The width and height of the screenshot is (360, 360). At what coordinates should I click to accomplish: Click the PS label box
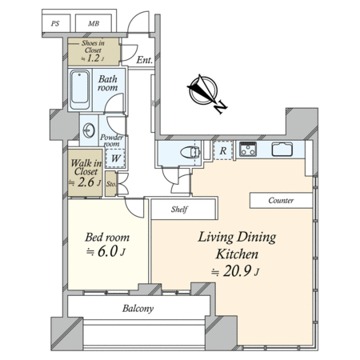point(56,23)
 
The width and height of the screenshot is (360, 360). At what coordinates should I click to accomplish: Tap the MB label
point(94,23)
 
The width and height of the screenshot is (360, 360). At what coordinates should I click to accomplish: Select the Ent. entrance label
point(144,60)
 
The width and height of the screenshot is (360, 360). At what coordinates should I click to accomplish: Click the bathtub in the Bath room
point(80,90)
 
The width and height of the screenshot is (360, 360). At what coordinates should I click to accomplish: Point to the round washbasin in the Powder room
point(89,130)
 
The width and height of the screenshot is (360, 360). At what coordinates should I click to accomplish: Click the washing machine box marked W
point(115,158)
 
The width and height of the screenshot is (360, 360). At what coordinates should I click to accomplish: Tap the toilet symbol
point(190,152)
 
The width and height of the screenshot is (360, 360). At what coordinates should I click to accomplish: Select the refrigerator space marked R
point(223,150)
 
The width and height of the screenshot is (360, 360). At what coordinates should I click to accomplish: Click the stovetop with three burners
point(248,149)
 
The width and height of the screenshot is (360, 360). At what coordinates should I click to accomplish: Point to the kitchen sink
point(282,149)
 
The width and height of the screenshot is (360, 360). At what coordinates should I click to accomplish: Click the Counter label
point(281,200)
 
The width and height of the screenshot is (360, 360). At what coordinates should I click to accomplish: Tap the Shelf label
point(180,210)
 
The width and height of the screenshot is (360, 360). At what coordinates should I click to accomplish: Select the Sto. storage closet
point(110,184)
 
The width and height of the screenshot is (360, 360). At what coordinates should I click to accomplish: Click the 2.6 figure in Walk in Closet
point(86,182)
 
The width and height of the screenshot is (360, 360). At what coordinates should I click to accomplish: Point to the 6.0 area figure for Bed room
point(108,251)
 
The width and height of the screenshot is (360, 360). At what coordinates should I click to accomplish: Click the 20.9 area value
point(237,271)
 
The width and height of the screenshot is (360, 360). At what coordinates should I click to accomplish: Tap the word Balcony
point(138,309)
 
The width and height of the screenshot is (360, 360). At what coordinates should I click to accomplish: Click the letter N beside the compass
point(221,107)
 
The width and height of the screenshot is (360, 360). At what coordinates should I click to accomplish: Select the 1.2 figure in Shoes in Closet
point(93,58)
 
